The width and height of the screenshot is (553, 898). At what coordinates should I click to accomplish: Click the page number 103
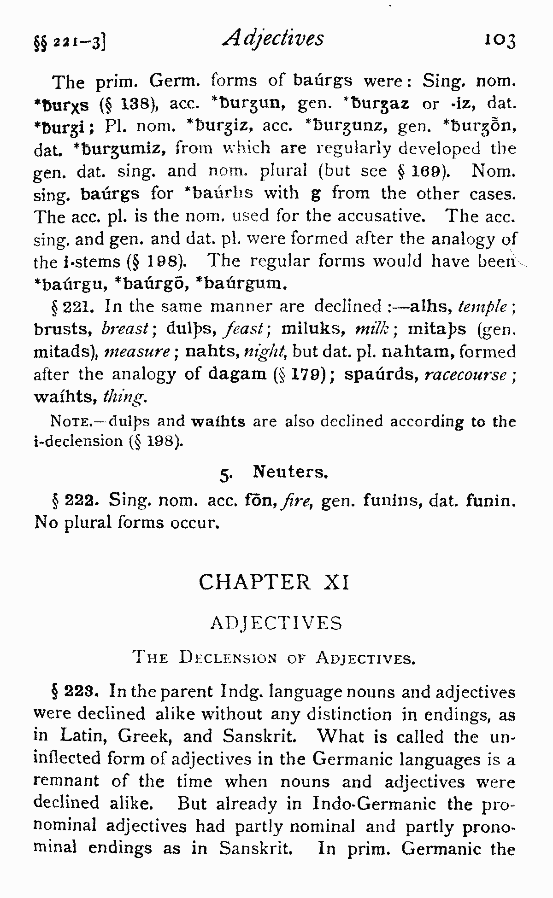coord(500,41)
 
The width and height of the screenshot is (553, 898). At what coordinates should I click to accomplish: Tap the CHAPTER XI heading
coord(275,582)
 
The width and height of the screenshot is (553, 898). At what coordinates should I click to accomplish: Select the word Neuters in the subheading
coord(290,472)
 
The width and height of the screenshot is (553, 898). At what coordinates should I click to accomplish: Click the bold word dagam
coord(237,373)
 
